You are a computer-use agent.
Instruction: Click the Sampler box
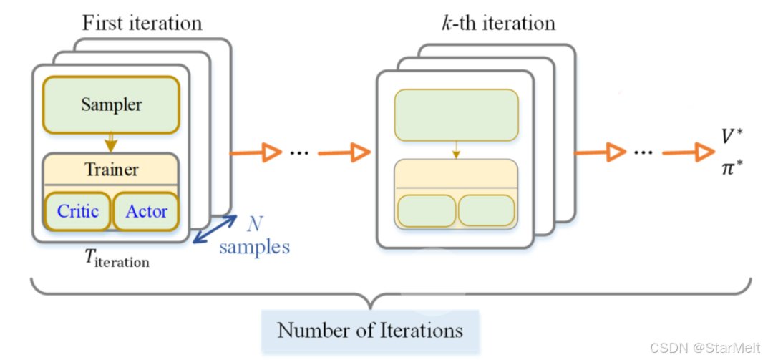click(x=111, y=104)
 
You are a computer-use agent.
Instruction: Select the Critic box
click(x=78, y=211)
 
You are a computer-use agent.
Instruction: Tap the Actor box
click(x=146, y=211)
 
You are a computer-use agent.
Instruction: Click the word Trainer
click(x=112, y=170)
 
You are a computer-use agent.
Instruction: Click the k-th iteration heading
click(x=498, y=23)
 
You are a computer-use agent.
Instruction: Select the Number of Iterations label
click(x=370, y=331)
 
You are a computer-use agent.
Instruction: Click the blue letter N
click(x=254, y=223)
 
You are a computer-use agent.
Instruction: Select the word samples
click(x=254, y=248)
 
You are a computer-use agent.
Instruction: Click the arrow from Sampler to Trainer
click(x=110, y=142)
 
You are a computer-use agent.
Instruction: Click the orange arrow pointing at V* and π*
click(x=687, y=152)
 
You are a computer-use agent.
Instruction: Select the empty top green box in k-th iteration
click(x=456, y=115)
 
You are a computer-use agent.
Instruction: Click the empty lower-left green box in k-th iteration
click(x=426, y=210)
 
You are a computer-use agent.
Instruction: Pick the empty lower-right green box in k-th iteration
click(x=486, y=210)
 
